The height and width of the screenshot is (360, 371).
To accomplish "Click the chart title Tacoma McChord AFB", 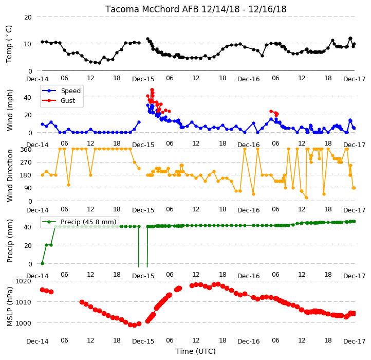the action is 152,9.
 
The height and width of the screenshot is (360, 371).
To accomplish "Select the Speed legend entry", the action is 61,91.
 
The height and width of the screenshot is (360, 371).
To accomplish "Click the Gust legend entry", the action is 59,100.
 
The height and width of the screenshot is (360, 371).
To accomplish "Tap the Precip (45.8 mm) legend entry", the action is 79,222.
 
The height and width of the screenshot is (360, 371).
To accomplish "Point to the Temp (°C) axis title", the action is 9,44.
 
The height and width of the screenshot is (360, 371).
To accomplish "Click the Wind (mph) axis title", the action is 9,110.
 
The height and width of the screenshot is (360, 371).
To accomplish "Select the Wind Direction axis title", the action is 9,175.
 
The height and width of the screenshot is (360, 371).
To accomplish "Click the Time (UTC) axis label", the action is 196,351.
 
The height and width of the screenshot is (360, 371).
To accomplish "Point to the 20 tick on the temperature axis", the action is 28,17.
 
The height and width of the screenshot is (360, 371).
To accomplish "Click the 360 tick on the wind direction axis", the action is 26,150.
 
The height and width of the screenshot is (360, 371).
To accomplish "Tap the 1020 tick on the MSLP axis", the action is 24,281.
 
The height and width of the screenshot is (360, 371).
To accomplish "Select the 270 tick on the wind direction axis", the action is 26,163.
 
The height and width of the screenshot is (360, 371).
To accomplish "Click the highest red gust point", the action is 152,90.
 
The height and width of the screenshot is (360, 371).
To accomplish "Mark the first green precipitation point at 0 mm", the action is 42,263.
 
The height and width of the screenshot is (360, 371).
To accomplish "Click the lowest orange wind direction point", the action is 306,198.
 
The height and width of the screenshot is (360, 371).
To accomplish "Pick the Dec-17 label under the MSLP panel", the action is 355,341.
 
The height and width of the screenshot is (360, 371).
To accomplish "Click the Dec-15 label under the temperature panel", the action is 143,79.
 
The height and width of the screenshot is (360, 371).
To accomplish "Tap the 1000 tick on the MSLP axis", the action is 24,323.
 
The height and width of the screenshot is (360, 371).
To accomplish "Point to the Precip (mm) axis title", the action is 9,241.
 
